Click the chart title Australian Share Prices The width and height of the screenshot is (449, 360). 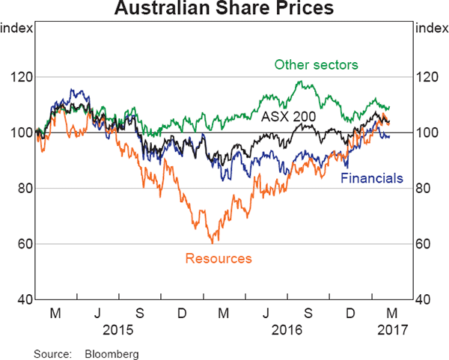click(x=224, y=10)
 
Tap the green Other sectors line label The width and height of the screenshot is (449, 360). click(x=317, y=64)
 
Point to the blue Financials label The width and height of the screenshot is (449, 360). click(x=372, y=178)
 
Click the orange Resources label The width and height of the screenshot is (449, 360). click(x=218, y=259)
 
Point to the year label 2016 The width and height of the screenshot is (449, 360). click(x=287, y=327)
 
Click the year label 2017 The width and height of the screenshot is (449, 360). click(x=391, y=327)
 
